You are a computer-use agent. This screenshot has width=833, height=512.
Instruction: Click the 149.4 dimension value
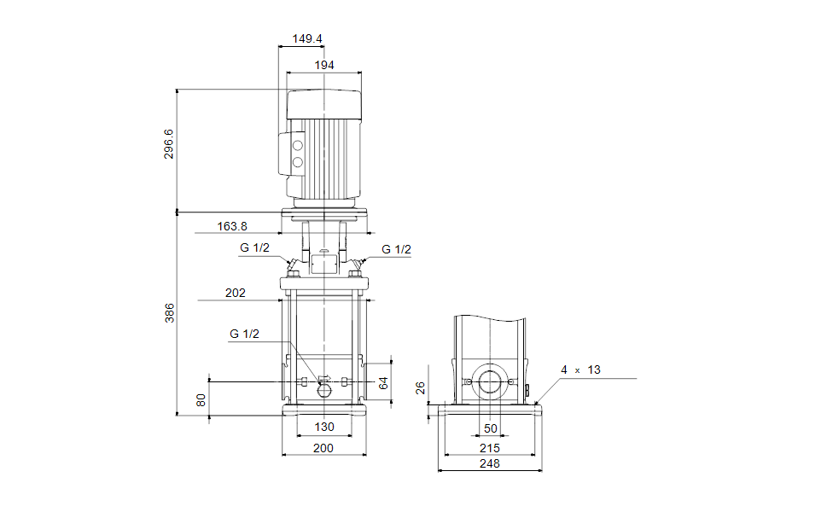307,38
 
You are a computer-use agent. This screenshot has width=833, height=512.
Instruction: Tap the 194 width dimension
324,66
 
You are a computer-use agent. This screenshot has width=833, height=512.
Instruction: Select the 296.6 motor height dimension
168,144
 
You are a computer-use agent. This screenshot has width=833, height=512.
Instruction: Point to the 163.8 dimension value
232,226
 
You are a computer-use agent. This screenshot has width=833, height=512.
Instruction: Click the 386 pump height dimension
169,313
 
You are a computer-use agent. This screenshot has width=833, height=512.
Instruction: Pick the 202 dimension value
236,294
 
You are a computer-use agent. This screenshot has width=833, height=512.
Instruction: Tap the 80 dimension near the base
201,400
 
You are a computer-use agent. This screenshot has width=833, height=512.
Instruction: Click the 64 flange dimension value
383,383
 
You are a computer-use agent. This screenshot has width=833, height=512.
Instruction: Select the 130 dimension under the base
324,427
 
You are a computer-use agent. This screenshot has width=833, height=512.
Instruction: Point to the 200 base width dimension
323,448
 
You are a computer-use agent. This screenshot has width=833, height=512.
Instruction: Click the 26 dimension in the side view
420,388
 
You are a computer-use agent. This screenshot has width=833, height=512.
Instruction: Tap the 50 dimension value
491,428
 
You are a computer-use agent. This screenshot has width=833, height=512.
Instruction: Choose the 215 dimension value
490,448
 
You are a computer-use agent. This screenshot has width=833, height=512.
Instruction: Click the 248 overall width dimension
490,463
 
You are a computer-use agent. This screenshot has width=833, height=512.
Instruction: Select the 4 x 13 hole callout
580,369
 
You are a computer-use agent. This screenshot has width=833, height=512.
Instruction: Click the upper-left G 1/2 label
254,248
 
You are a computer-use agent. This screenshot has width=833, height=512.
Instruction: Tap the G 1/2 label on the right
396,250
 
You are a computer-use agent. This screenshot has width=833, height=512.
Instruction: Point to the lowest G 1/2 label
244,334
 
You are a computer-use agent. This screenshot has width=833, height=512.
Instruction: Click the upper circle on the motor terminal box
298,146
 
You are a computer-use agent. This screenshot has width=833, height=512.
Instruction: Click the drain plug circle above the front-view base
324,391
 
